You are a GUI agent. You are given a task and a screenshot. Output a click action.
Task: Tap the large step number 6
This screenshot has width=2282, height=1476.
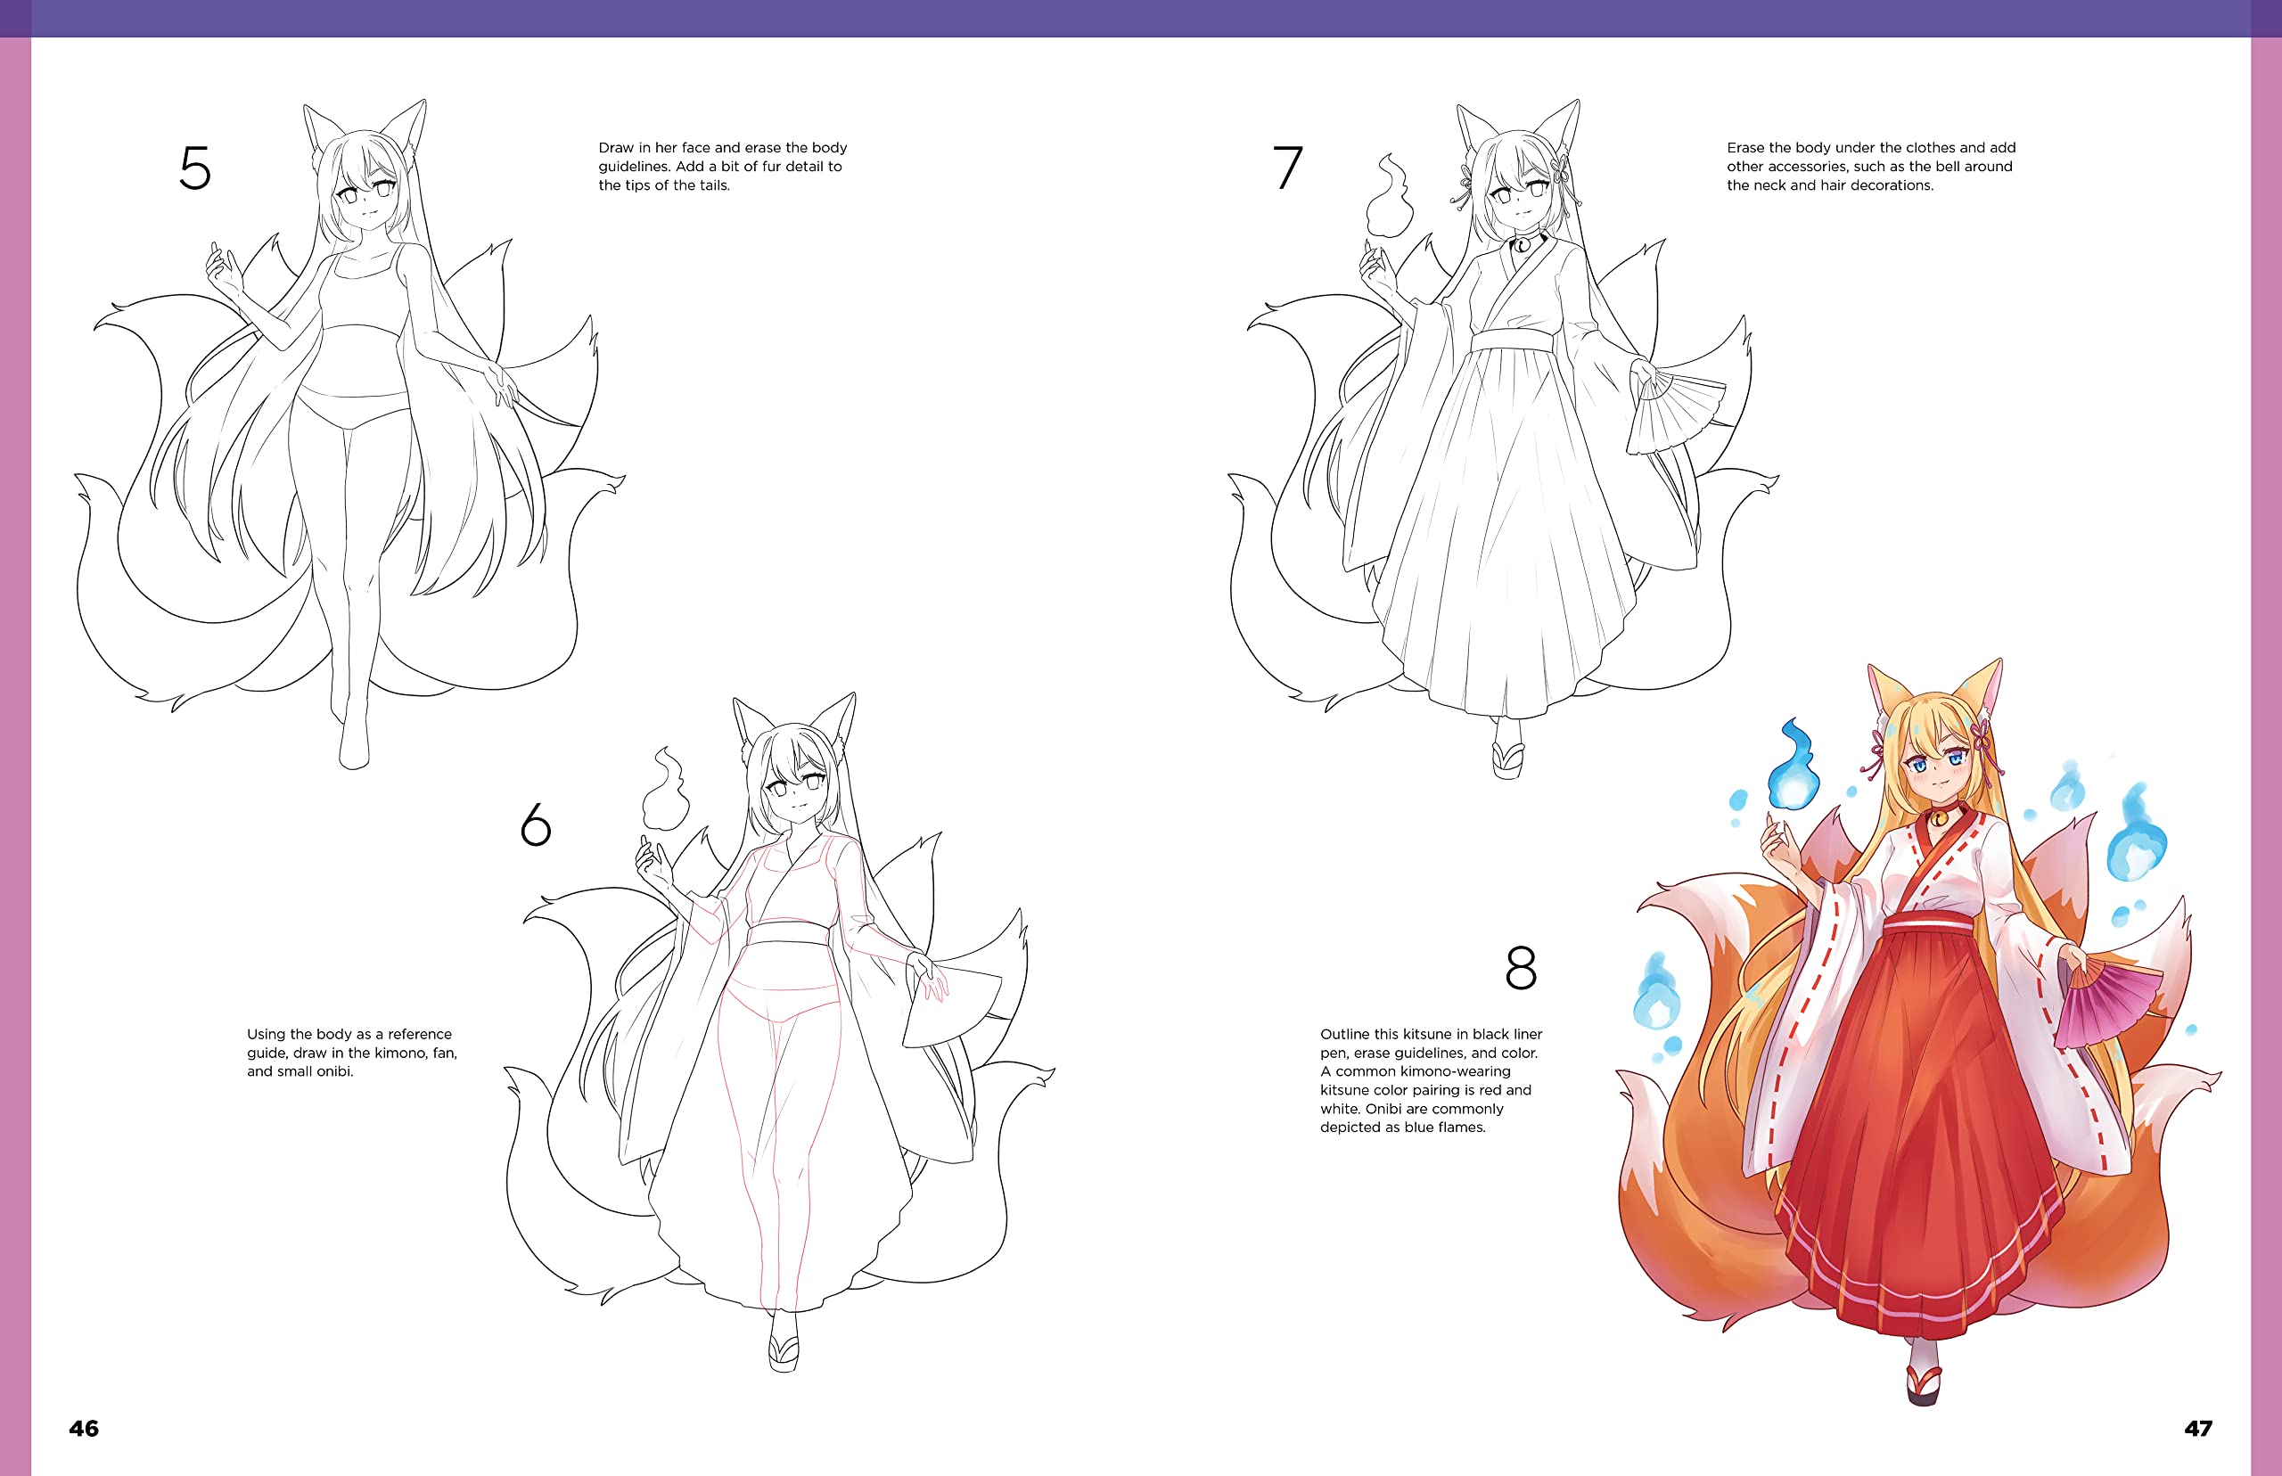pos(536,824)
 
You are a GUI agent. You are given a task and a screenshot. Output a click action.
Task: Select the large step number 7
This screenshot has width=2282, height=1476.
pos(1287,168)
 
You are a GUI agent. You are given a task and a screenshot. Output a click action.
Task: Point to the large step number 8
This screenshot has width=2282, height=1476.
pos(1521,968)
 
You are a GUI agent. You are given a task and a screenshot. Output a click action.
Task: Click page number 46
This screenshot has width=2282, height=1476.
pos(84,1428)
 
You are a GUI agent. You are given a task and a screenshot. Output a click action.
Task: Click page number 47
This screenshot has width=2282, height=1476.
pos(2197,1428)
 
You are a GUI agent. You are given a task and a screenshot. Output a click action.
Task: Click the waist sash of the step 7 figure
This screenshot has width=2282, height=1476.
pos(1512,340)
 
